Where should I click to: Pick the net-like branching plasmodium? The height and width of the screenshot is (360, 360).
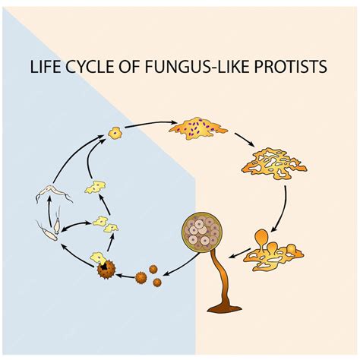[270, 161]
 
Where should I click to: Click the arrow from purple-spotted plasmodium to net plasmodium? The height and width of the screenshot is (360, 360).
[245, 138]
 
